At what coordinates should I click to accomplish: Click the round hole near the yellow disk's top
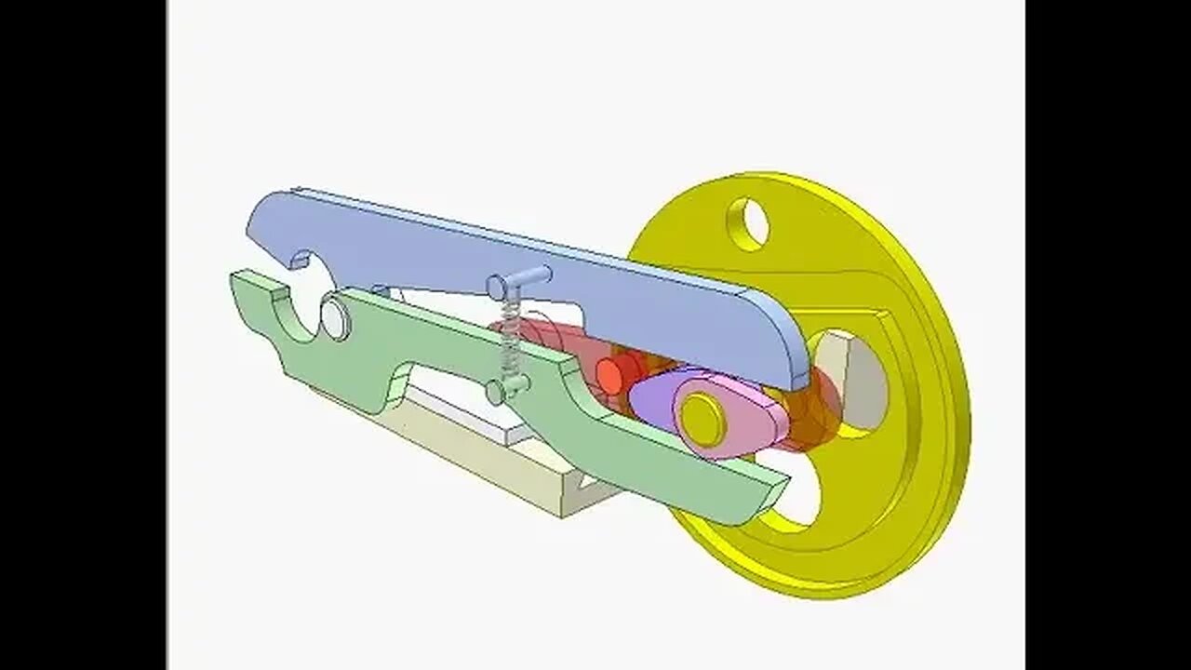pyautogui.click(x=749, y=223)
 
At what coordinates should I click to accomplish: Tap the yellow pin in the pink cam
pyautogui.click(x=702, y=419)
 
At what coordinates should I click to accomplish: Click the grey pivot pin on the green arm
pyautogui.click(x=335, y=316)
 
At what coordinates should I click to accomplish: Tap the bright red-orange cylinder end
pyautogui.click(x=610, y=374)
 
